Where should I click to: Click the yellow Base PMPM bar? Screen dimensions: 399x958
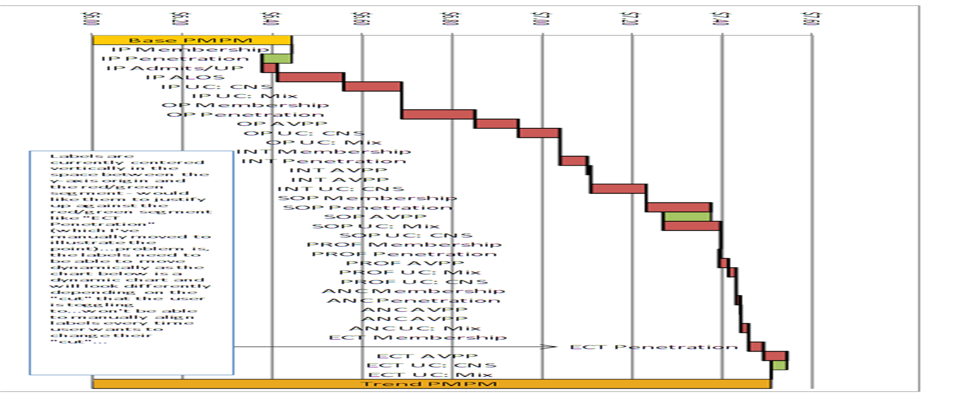pyautogui.click(x=191, y=40)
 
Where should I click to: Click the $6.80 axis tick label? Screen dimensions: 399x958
pyautogui.click(x=452, y=19)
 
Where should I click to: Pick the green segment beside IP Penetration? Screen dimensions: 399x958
pyautogui.click(x=277, y=58)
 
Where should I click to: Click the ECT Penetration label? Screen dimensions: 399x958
pyautogui.click(x=653, y=347)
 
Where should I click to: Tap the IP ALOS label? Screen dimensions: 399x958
pyautogui.click(x=185, y=78)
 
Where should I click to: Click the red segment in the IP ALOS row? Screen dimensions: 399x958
pyautogui.click(x=310, y=78)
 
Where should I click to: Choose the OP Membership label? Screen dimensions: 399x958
pyautogui.click(x=245, y=105)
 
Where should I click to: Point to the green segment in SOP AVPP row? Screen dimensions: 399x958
pyautogui.click(x=687, y=217)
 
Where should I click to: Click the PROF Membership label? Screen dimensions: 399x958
pyautogui.click(x=404, y=245)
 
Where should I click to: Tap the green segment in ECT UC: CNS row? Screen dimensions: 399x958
pyautogui.click(x=779, y=365)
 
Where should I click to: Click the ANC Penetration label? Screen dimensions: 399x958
pyautogui.click(x=413, y=300)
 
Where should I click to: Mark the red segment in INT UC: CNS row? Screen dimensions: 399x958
pyautogui.click(x=618, y=189)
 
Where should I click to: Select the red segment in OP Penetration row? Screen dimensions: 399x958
pyautogui.click(x=438, y=114)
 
